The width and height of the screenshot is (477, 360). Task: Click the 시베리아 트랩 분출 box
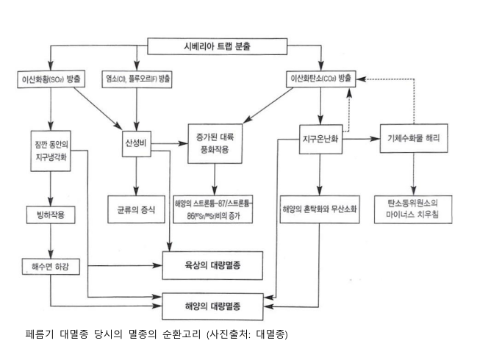(x=218, y=46)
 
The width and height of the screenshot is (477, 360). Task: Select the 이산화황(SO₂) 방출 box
(x=51, y=79)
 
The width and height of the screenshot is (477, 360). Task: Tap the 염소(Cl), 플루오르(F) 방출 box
(x=137, y=79)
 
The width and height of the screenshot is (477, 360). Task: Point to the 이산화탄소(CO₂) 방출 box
(x=321, y=79)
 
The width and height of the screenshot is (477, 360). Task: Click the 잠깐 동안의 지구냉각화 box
(x=51, y=151)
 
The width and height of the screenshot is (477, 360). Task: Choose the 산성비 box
(x=137, y=143)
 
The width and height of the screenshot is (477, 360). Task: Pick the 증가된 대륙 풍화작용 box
(x=215, y=143)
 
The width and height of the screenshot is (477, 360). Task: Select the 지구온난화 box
(x=321, y=140)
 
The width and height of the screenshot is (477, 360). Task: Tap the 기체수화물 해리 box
(x=414, y=138)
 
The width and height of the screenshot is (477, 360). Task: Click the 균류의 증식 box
(x=136, y=209)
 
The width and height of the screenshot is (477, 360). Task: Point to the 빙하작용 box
(x=51, y=215)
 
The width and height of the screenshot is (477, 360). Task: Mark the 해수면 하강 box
(x=51, y=267)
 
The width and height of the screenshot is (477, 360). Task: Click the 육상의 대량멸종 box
(x=212, y=265)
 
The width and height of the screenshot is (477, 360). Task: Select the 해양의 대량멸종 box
(x=212, y=306)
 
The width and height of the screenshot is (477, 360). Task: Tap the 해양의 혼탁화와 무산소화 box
(x=320, y=209)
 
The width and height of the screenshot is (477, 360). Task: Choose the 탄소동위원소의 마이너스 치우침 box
(x=413, y=209)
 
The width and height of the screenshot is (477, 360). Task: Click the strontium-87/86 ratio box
(x=213, y=209)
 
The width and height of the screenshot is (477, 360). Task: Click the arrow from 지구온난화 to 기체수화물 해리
(x=361, y=139)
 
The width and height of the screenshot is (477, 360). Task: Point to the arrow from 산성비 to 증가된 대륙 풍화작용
(x=170, y=143)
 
